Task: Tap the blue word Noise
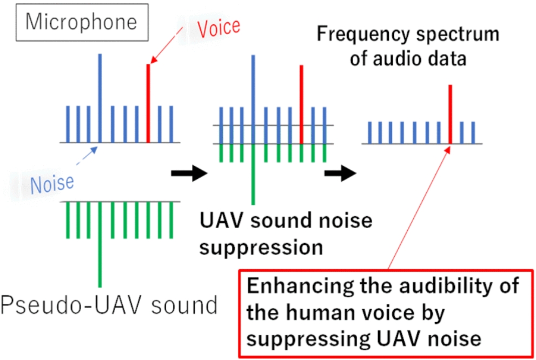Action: coord(52,184)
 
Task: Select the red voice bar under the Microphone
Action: coord(148,103)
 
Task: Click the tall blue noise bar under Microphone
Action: coord(100,97)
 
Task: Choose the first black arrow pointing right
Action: coord(189,174)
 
